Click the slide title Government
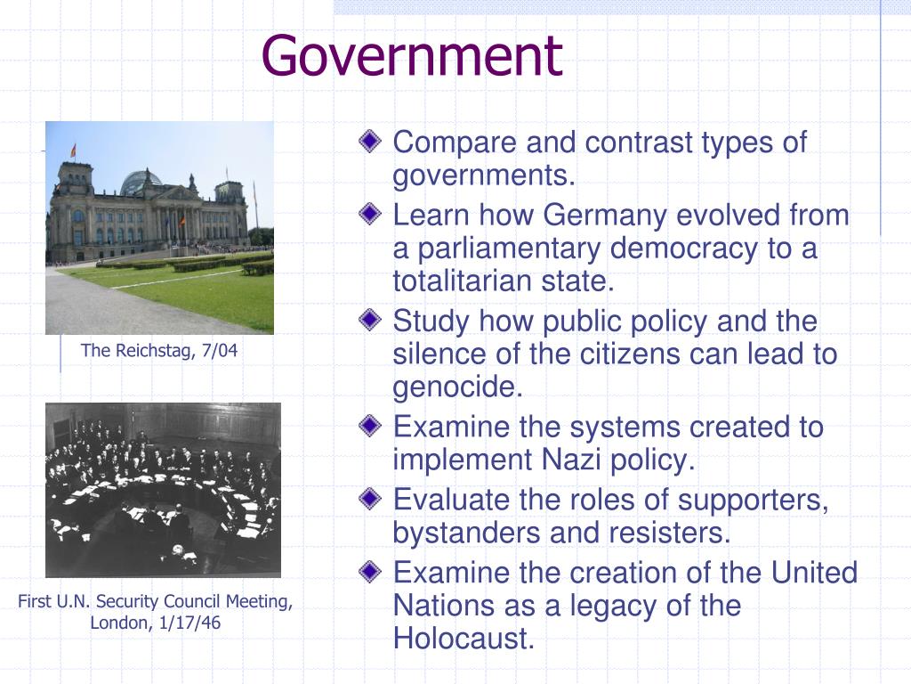(x=412, y=56)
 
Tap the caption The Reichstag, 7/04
(x=158, y=350)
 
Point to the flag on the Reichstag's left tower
(x=73, y=151)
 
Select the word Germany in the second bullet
(x=604, y=216)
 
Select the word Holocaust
(x=464, y=638)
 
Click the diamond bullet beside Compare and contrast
(x=370, y=141)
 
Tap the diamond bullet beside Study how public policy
(x=370, y=320)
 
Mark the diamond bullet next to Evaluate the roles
(x=370, y=499)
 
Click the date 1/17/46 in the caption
(x=189, y=623)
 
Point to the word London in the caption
(x=121, y=623)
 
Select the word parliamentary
(x=509, y=249)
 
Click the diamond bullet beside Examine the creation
(x=370, y=571)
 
